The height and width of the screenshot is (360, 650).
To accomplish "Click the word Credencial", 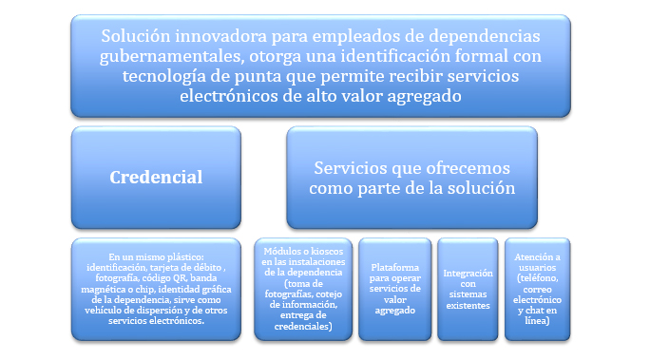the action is click(156, 178).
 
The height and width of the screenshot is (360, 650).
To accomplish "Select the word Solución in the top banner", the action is click(136, 36).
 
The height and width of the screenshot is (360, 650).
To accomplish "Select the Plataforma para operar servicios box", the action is click(395, 289).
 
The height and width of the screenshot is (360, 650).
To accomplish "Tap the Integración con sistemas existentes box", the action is click(468, 289).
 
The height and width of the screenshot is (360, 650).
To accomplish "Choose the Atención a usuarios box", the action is click(537, 289).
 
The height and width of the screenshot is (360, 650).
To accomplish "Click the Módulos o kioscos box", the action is click(303, 289).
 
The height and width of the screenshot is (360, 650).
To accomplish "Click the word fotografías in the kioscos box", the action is click(286, 294).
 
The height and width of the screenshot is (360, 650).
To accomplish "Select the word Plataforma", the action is click(395, 267).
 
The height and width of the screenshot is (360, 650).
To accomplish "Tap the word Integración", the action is click(468, 273).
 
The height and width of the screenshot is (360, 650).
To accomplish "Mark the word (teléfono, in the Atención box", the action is click(537, 278).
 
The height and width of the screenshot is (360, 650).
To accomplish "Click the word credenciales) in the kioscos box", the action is click(303, 327).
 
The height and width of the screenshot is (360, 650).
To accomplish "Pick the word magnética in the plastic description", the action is click(101, 289).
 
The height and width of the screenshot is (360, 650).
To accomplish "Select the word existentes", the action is click(468, 305).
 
